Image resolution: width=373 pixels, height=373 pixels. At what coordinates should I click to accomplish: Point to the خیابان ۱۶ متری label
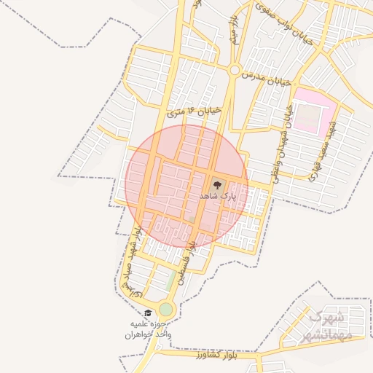[x=192, y=111]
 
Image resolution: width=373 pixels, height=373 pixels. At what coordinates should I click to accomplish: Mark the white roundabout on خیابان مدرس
[x=235, y=71]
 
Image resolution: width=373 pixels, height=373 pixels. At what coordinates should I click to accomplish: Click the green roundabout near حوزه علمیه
[x=166, y=310]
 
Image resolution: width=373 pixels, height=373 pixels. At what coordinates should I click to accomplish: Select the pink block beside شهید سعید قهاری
[x=312, y=110]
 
